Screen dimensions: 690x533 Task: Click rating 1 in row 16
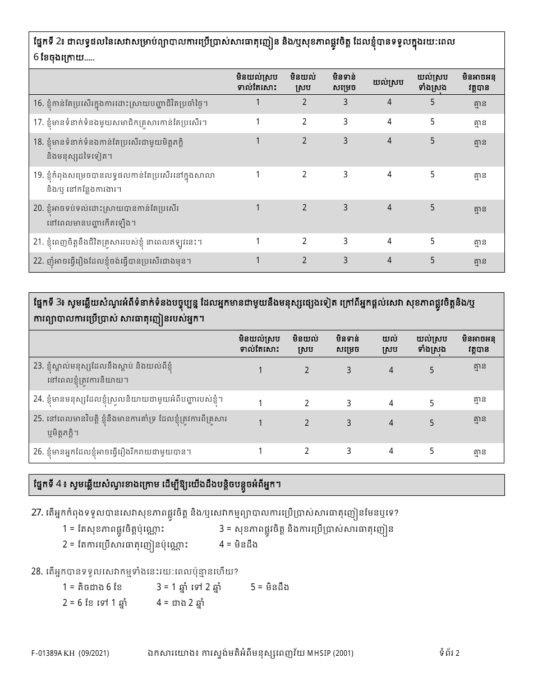pyautogui.click(x=258, y=102)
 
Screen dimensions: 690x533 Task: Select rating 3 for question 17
pyautogui.click(x=346, y=122)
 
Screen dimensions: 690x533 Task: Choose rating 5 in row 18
pyautogui.click(x=433, y=141)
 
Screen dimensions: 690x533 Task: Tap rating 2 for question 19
pyautogui.click(x=305, y=174)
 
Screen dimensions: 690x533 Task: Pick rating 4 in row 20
pyautogui.click(x=389, y=208)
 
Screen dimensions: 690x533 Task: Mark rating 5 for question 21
pyautogui.click(x=433, y=241)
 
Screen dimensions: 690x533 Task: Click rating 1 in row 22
pyautogui.click(x=258, y=260)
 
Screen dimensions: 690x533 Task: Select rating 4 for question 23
pyautogui.click(x=391, y=370)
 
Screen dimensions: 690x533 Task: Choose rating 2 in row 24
pyautogui.click(x=307, y=403)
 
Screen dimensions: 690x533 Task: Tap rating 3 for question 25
pyautogui.click(x=349, y=423)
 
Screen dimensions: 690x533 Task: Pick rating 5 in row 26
pyautogui.click(x=432, y=451)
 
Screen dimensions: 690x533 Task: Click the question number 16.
pyautogui.click(x=38, y=103)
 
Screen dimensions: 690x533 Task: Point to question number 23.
pyautogui.click(x=38, y=366)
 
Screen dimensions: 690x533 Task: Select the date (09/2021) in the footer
pyautogui.click(x=94, y=653)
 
